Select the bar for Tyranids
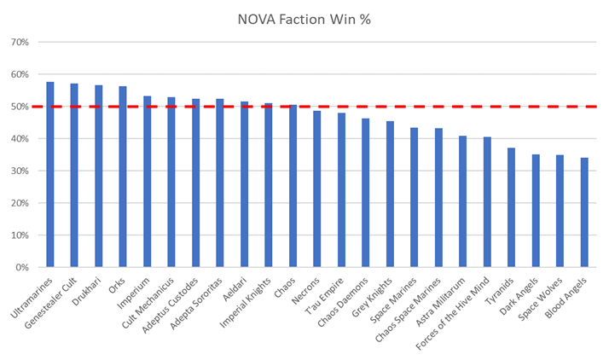(x=511, y=208)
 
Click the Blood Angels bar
(x=584, y=212)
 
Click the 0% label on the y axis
(x=22, y=267)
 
